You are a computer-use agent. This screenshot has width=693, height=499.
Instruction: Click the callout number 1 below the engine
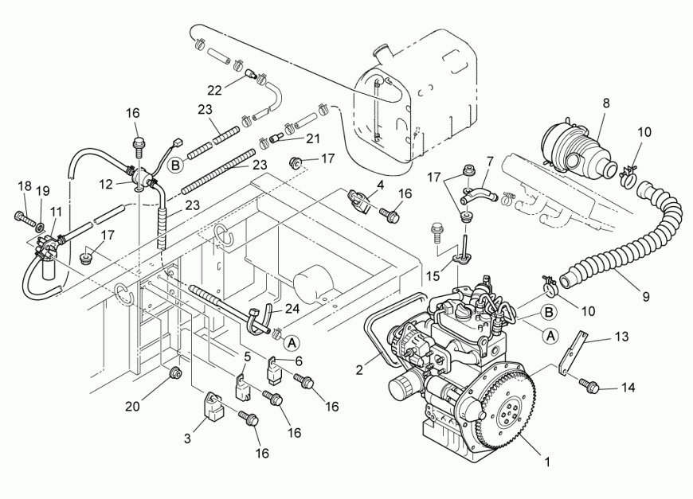click(547, 461)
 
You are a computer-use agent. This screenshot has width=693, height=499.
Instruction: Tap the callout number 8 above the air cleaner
click(606, 103)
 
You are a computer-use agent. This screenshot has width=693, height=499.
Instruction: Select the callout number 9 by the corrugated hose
click(646, 296)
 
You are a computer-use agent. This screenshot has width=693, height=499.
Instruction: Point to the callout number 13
click(620, 337)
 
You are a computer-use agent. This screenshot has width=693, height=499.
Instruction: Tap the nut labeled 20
click(175, 372)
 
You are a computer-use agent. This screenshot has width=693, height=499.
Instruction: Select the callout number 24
click(292, 308)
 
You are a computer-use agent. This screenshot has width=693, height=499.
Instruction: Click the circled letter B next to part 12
click(176, 166)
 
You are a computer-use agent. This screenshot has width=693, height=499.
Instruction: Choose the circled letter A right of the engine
click(549, 336)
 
